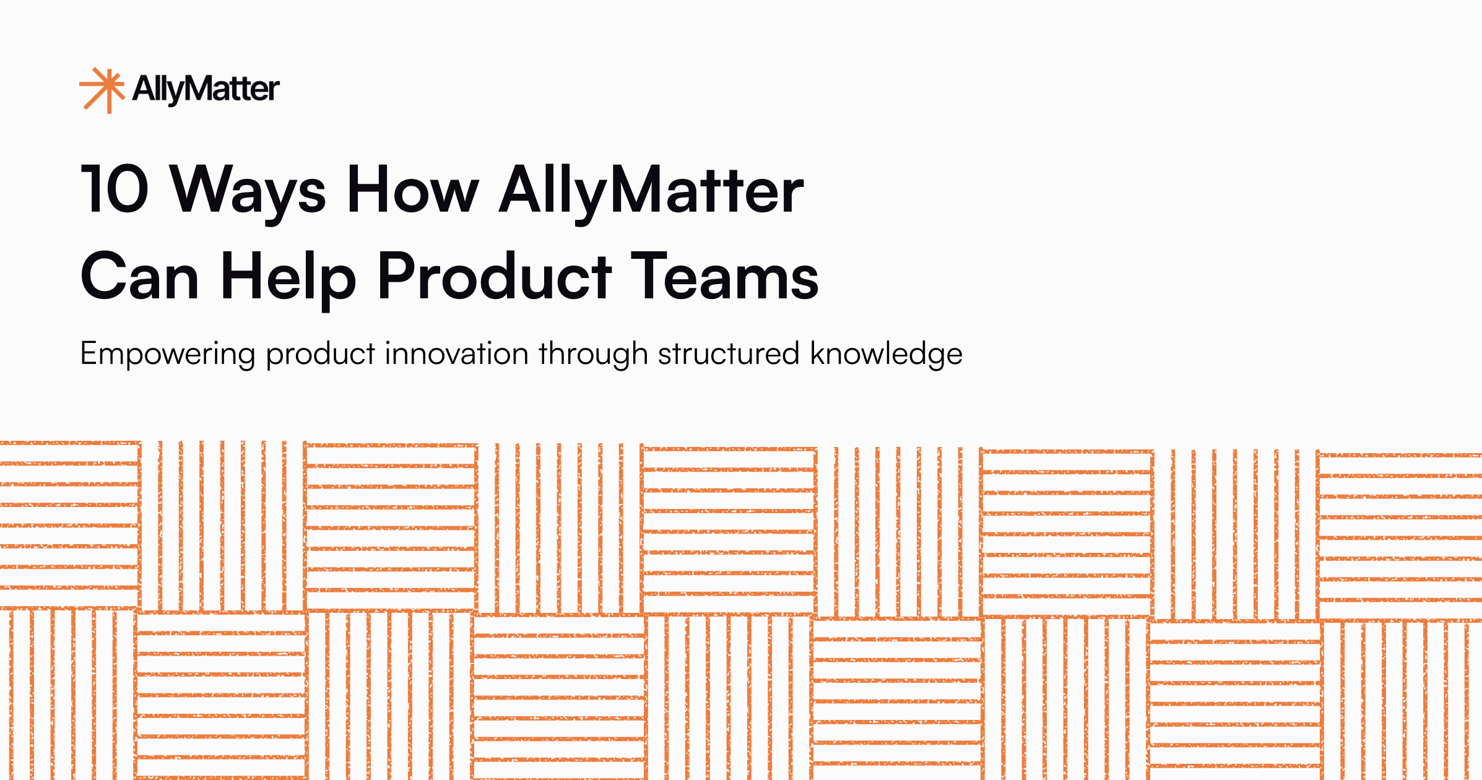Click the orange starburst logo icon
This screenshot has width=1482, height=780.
tap(103, 90)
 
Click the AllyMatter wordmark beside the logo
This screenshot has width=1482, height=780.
tap(206, 89)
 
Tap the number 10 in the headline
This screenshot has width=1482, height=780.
tap(115, 189)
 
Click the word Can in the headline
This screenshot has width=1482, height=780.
tap(140, 276)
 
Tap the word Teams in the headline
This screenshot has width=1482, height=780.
tap(724, 276)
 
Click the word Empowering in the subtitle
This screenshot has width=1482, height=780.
tap(168, 354)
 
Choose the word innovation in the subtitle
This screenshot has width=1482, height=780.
tap(456, 353)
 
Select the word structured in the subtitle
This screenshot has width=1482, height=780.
tap(729, 353)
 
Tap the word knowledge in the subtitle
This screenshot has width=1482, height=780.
tap(886, 354)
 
